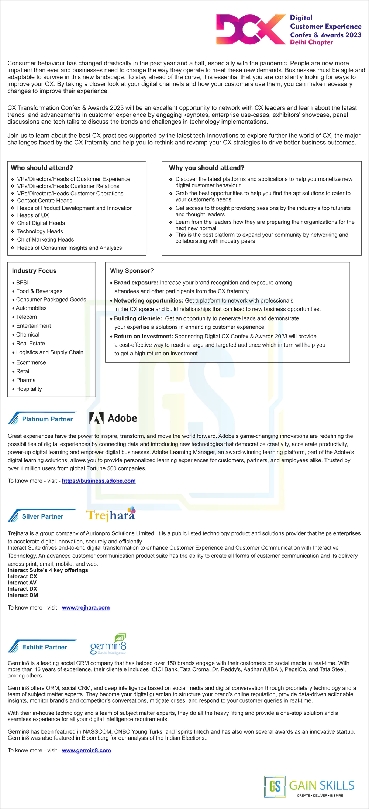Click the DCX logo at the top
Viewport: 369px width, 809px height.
click(251, 30)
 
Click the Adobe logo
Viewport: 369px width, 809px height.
click(113, 418)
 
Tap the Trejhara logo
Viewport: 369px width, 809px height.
click(111, 515)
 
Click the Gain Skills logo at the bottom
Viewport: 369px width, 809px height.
click(309, 786)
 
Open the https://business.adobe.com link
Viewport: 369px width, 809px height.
click(99, 481)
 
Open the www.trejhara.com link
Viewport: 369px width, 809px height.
click(86, 607)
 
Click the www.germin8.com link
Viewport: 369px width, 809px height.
click(86, 750)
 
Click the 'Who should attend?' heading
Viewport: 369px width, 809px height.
click(42, 168)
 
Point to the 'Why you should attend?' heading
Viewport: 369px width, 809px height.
click(207, 168)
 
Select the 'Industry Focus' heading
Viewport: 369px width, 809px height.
click(34, 270)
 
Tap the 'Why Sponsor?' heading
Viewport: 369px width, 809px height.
click(132, 270)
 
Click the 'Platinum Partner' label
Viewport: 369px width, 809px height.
click(47, 419)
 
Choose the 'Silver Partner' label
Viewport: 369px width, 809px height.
click(42, 516)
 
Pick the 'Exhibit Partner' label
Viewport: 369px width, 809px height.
click(45, 647)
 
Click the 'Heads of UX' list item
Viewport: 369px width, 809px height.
click(33, 215)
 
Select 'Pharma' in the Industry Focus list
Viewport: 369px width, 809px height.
click(26, 380)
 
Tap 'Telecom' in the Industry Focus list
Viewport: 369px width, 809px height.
click(27, 317)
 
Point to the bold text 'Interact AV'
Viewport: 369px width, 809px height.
click(22, 583)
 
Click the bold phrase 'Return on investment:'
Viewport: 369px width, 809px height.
click(143, 336)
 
